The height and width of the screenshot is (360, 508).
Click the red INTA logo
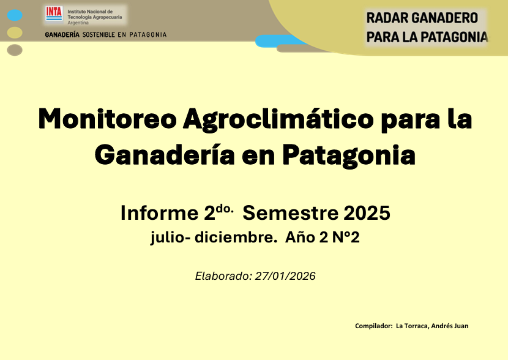[x=54, y=13]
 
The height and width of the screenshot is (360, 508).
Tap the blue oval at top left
[x=15, y=15]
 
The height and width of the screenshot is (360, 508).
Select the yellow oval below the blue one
[x=15, y=32]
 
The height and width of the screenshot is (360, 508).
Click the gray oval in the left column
[x=15, y=50]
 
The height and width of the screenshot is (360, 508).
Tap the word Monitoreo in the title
[x=108, y=119]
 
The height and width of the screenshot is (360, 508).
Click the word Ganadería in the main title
[x=165, y=155]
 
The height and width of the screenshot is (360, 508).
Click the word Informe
[x=159, y=213]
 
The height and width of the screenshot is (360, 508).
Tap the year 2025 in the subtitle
[x=367, y=213]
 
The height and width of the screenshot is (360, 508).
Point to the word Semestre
[x=290, y=213]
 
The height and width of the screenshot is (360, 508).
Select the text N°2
[x=346, y=237]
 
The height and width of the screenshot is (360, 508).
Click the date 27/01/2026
[x=285, y=276]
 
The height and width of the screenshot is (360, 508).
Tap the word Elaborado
[x=223, y=276]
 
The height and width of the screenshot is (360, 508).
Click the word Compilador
[x=373, y=326]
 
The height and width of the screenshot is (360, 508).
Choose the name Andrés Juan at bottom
[x=450, y=326]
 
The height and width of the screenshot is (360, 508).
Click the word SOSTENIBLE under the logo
[x=99, y=35]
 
